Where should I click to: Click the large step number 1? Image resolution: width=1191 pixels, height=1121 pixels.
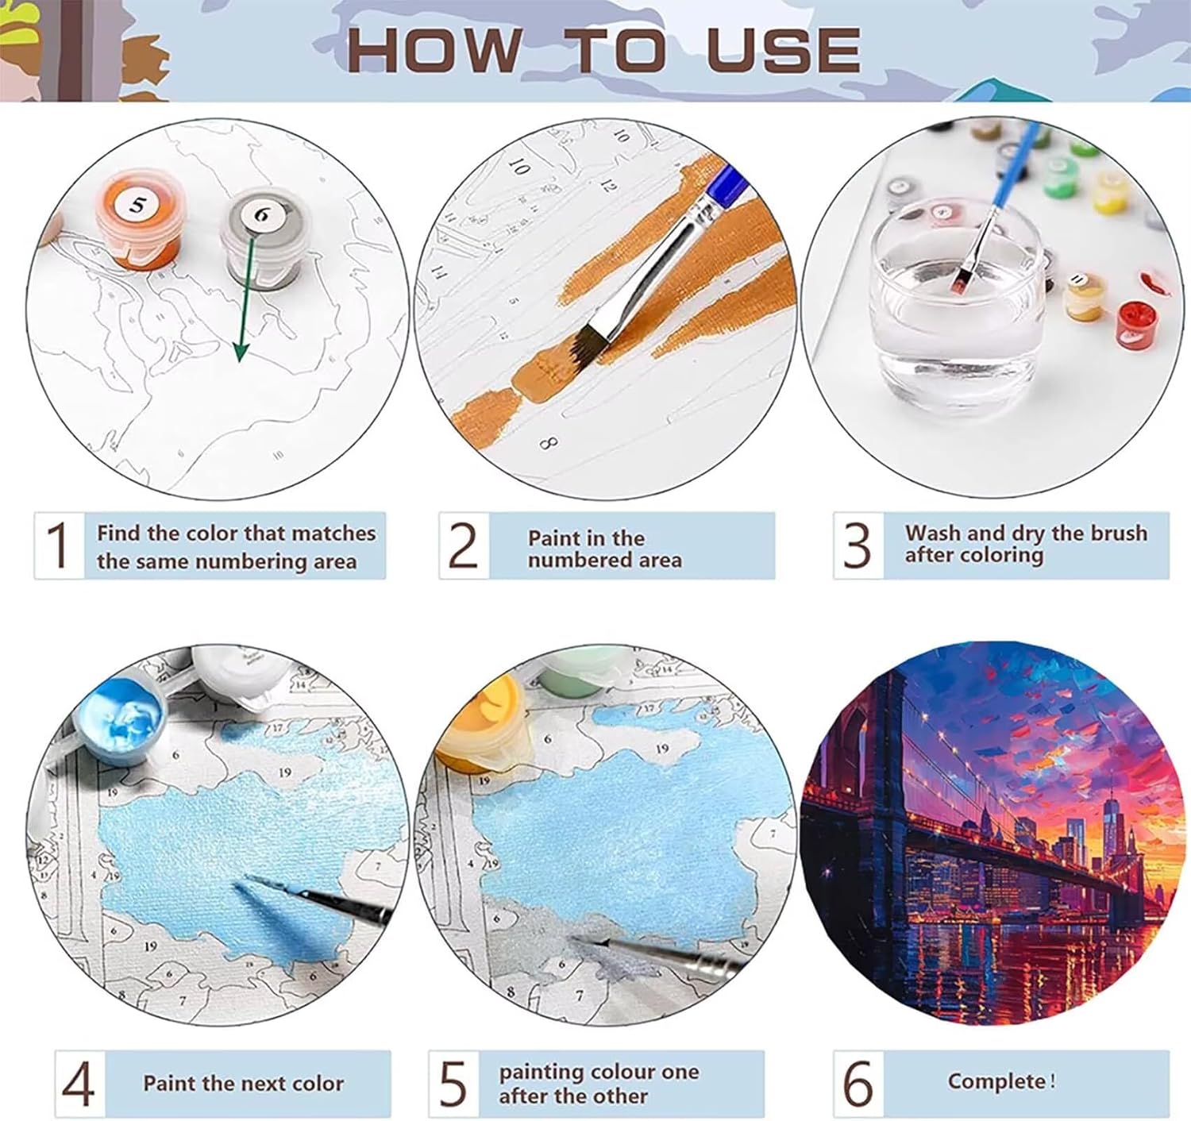click(x=58, y=545)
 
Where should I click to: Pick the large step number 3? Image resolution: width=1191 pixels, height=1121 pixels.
click(x=858, y=545)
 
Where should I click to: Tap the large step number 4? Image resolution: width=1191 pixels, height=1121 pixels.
click(x=79, y=1084)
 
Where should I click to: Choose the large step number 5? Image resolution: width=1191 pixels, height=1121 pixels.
click(x=453, y=1084)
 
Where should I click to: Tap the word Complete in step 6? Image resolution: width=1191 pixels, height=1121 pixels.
click(x=996, y=1081)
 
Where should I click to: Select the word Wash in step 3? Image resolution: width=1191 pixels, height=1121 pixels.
click(x=932, y=533)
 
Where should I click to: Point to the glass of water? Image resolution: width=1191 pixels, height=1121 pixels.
click(x=954, y=306)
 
